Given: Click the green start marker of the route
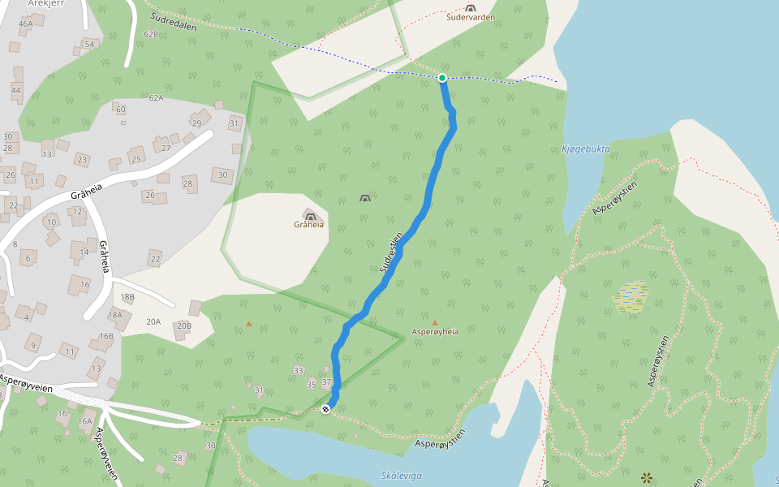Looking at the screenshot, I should [x=442, y=78].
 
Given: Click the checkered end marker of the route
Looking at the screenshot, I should [x=326, y=409].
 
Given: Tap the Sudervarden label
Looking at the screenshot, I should [x=471, y=17].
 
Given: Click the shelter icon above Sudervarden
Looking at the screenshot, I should [x=471, y=7].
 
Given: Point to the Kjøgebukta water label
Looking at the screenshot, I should [x=585, y=149].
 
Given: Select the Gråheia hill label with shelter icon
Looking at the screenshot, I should [x=309, y=224].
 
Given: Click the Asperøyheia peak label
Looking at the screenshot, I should [x=435, y=332].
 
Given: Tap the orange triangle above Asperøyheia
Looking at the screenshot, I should [x=435, y=322].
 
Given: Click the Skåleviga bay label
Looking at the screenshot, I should [x=401, y=476].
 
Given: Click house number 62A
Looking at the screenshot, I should [x=156, y=98].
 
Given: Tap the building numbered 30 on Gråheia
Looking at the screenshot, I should [x=223, y=175].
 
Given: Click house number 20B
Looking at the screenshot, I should [x=183, y=326].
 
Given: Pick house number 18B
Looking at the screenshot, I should [x=127, y=298].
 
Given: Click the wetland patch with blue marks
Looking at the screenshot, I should [x=631, y=297].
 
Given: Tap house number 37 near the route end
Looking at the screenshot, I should [x=327, y=381].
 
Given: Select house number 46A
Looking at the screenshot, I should [x=25, y=24].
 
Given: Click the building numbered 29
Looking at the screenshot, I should [x=196, y=123].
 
